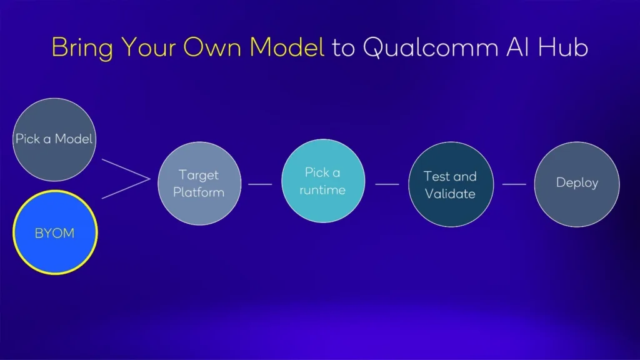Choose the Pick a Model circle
(x=54, y=139)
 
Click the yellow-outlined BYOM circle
(x=55, y=232)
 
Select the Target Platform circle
(x=199, y=184)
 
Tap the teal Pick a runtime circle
(x=322, y=181)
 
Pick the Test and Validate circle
(x=450, y=184)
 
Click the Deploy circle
(x=577, y=184)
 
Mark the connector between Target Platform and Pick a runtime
(x=260, y=184)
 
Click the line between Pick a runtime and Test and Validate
(x=387, y=184)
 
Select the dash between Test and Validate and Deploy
(x=514, y=184)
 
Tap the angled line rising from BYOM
(x=125, y=189)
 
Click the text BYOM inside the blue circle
(x=55, y=233)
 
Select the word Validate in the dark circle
(x=450, y=194)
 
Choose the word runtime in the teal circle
(x=322, y=190)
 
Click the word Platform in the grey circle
(x=199, y=192)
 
